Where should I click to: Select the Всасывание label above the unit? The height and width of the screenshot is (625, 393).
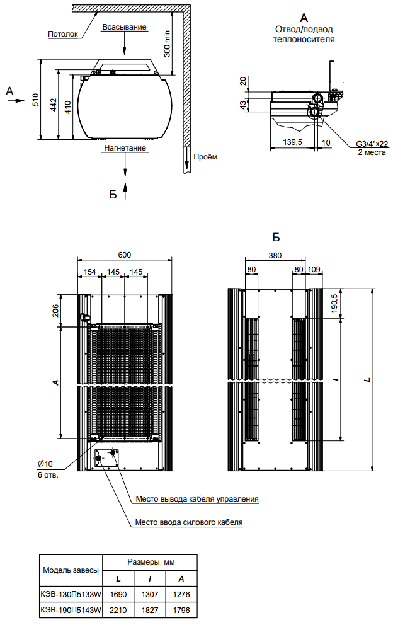pyautogui.click(x=124, y=27)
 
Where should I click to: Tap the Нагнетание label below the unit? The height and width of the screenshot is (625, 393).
pyautogui.click(x=125, y=148)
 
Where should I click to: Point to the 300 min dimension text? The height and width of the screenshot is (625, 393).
pyautogui.click(x=168, y=42)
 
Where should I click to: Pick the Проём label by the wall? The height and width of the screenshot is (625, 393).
pyautogui.click(x=205, y=157)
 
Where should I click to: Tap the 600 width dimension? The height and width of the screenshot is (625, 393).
pyautogui.click(x=125, y=255)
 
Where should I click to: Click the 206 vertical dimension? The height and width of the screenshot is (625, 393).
pyautogui.click(x=55, y=310)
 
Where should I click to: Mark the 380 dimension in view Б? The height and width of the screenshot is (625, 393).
pyautogui.click(x=275, y=256)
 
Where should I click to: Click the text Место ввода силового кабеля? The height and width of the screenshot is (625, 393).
pyautogui.click(x=189, y=522)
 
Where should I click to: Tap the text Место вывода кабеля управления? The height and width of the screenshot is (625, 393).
pyautogui.click(x=197, y=499)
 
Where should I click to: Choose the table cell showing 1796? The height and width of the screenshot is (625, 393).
pyautogui.click(x=181, y=610)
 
